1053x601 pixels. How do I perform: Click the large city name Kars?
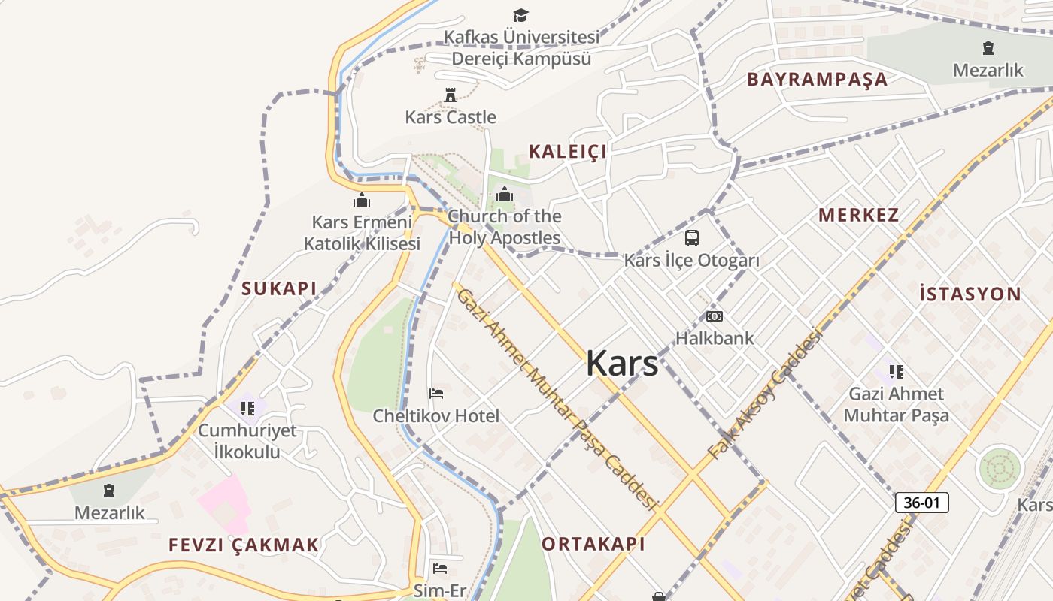click(x=622, y=364)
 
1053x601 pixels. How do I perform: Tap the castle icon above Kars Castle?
click(x=451, y=95)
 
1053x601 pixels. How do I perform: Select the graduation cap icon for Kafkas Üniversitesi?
click(x=520, y=15)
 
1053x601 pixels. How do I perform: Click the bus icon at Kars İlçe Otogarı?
click(x=691, y=238)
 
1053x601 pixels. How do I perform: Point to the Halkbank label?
click(x=714, y=338)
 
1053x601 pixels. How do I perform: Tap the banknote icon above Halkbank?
click(x=714, y=316)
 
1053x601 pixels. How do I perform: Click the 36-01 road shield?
click(x=921, y=503)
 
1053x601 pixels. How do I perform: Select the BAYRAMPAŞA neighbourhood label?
click(x=817, y=80)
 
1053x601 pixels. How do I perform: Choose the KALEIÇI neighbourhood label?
click(x=567, y=152)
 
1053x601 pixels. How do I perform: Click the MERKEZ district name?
click(x=858, y=215)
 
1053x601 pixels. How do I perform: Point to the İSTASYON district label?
click(x=970, y=294)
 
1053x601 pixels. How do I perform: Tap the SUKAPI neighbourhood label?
click(x=279, y=288)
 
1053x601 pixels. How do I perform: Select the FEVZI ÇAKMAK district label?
click(x=244, y=545)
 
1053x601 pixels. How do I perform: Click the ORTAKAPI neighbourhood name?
click(x=593, y=544)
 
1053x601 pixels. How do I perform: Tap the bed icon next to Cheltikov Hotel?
click(x=436, y=393)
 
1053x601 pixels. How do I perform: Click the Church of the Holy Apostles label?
click(x=505, y=228)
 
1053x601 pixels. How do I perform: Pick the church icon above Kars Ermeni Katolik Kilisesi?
click(x=362, y=201)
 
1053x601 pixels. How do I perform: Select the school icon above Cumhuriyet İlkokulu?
click(x=247, y=409)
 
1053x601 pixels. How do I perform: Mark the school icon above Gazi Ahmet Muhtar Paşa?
click(x=896, y=371)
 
